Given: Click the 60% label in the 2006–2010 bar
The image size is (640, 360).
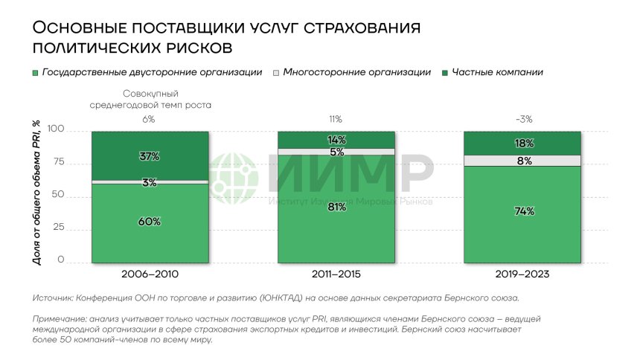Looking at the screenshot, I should [x=150, y=222].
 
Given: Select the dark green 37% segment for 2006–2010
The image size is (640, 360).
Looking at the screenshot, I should [x=150, y=156].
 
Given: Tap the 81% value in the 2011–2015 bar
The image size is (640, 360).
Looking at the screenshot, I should [x=336, y=208].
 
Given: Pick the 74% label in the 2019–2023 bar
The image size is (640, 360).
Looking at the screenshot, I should [x=524, y=212].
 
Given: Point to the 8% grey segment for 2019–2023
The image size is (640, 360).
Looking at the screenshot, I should [x=524, y=161].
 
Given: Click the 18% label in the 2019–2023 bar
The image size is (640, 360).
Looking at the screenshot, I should [x=524, y=144].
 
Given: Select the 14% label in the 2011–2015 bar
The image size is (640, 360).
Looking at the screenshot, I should [x=336, y=140].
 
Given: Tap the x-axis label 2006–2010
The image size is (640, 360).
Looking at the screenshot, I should [x=150, y=274].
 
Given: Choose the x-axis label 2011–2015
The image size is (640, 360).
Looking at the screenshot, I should [x=336, y=274].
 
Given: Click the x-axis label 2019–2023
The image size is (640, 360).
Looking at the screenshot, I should [x=524, y=274].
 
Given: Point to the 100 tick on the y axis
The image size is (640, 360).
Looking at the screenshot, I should [x=56, y=129].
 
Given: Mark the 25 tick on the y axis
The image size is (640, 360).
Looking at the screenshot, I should [x=58, y=228].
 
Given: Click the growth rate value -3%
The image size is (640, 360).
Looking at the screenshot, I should [x=524, y=119].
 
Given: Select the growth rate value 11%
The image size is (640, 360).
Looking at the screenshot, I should [x=336, y=119].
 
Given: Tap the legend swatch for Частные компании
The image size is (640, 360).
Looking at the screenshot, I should [x=445, y=73].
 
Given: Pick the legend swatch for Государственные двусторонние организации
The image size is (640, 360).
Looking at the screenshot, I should [x=36, y=73].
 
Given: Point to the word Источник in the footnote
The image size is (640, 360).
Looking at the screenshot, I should [x=51, y=298].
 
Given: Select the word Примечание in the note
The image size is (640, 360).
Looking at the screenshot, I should [x=61, y=318].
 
